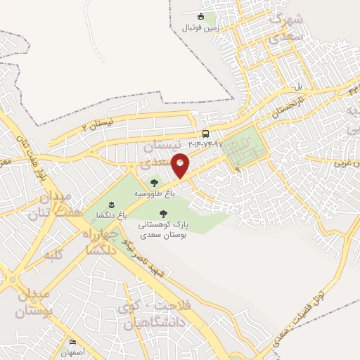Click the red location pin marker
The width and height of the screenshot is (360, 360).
[x=181, y=165]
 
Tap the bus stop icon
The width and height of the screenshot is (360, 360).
[x=205, y=134]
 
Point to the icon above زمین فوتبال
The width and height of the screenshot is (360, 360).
[x=201, y=16]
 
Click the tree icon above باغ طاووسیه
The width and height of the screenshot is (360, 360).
[x=154, y=183]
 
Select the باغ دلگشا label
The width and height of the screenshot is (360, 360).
[x=112, y=214]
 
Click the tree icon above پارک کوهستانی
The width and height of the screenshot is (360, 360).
[x=163, y=213]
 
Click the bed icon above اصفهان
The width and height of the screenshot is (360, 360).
[x=72, y=343]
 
